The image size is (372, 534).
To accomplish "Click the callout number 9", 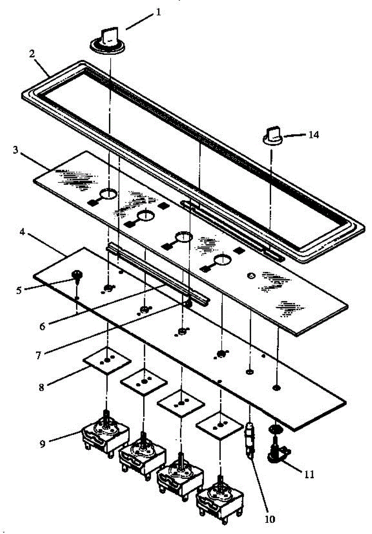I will [x=270, y=518].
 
